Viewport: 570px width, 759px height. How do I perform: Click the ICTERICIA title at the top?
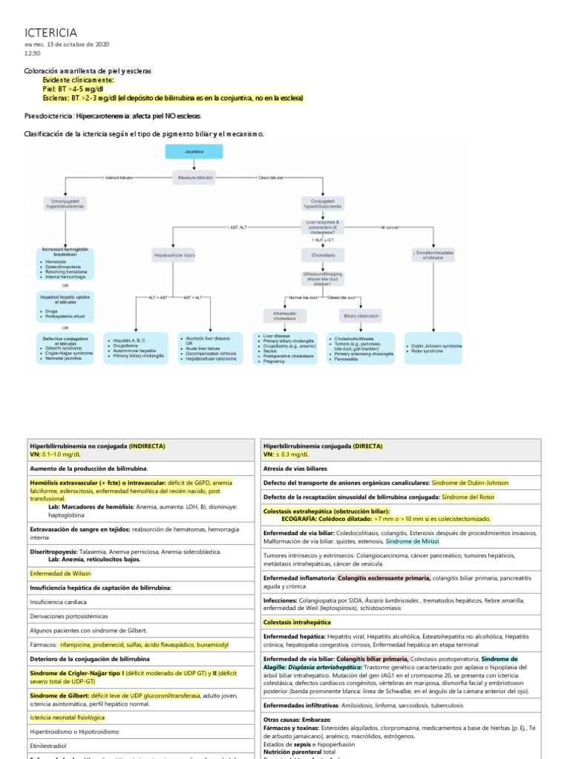[51, 32]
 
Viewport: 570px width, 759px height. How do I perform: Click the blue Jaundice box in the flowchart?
[194, 151]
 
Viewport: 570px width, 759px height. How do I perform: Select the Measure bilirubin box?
[194, 178]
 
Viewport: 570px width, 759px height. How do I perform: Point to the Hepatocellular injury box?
[174, 254]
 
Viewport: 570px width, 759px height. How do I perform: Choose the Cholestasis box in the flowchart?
[318, 254]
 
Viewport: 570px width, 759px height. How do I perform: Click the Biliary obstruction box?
[356, 316]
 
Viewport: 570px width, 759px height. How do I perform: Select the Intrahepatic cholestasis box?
[279, 316]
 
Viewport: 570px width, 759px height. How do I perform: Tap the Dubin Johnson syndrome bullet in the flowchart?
[436, 345]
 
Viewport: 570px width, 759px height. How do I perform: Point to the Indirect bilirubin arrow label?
[118, 178]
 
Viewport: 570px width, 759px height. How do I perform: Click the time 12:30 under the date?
[33, 53]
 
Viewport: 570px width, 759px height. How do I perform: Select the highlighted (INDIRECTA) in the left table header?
[148, 445]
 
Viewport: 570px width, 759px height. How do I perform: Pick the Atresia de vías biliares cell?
[297, 468]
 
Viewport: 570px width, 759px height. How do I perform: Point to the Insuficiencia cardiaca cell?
[58, 602]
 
